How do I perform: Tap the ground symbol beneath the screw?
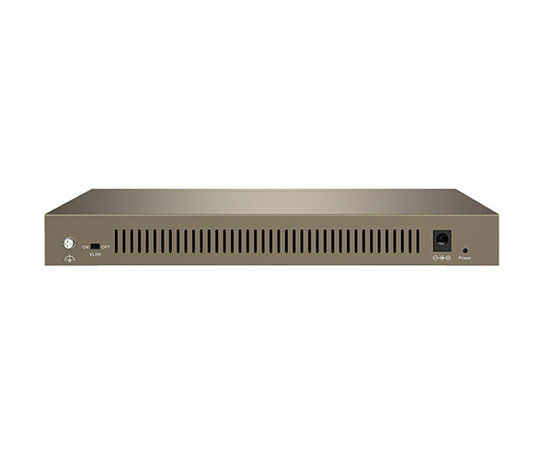pos(68,260)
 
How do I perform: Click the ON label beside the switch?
pos(86,247)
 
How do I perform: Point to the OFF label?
pos(106,247)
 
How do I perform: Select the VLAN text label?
pos(95,254)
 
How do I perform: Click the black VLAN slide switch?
pos(95,246)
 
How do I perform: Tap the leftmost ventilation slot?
pos(117,241)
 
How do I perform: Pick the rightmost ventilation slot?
pos(418,241)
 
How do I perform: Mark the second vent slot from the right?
pos(410,241)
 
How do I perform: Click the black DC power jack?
pos(442,239)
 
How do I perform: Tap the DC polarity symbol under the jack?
pos(442,258)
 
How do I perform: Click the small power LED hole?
pos(465,249)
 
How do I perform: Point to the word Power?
pos(465,259)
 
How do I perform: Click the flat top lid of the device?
pos(271,202)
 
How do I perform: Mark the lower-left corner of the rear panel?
pos(46,264)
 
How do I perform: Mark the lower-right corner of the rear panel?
pos(498,264)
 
